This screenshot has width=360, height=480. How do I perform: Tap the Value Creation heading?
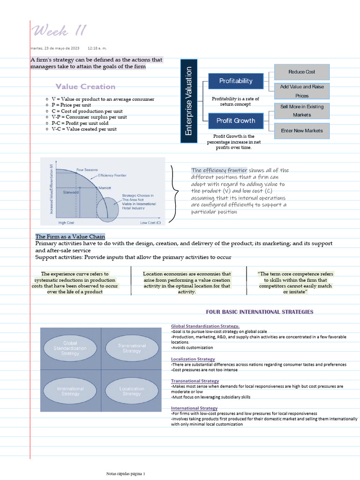point(85,86)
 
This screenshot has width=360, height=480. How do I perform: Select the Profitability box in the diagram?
point(236,81)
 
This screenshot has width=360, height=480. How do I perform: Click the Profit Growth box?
point(236,120)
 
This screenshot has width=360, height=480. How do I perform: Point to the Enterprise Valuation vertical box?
point(189,101)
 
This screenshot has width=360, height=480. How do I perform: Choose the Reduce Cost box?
point(301,72)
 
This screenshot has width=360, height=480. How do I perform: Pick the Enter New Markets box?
point(301,131)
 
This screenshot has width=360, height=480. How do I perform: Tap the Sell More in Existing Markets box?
point(301,111)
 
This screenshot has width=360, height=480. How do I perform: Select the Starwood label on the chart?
point(71,192)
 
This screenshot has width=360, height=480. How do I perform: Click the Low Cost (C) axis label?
point(150,223)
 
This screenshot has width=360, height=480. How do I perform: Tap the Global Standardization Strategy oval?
point(70,348)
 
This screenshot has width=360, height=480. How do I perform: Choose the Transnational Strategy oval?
point(132,348)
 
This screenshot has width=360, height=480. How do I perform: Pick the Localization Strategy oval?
point(132,391)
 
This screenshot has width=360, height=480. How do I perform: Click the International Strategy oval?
point(70,391)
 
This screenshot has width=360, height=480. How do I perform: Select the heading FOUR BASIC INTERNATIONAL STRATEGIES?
point(260,312)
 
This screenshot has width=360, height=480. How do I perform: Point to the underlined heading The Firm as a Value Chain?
point(70,236)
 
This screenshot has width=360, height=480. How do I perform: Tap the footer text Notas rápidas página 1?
point(126,474)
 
